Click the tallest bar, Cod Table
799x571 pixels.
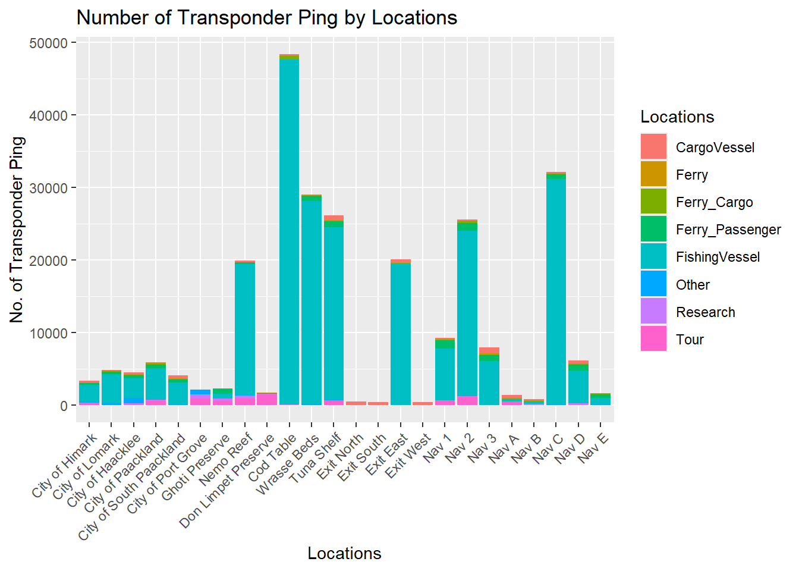tap(289, 232)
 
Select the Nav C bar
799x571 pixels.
tap(556, 291)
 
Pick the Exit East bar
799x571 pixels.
tap(401, 333)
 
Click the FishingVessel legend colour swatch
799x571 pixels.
tap(653, 257)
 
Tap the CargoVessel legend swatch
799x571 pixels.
tap(653, 147)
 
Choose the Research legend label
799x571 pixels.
tap(705, 312)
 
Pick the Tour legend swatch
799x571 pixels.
tap(653, 339)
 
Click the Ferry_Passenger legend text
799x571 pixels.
tap(728, 230)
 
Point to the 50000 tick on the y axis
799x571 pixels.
tap(48, 43)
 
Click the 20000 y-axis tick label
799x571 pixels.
tap(48, 261)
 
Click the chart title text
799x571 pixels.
tap(267, 18)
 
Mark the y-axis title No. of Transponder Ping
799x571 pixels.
tap(17, 230)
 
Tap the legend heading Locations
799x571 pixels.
tap(677, 117)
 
